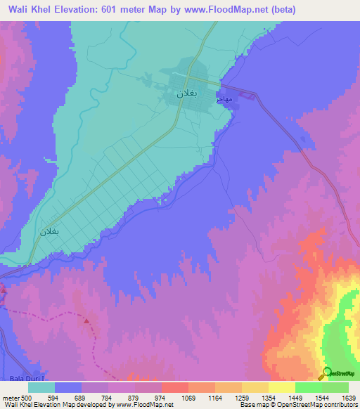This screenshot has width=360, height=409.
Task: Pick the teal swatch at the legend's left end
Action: (x=41, y=387)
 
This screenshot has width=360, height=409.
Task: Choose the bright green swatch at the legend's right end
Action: (x=335, y=387)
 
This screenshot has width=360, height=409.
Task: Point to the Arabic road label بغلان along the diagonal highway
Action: (x=49, y=231)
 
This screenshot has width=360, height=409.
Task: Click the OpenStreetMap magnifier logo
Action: (x=326, y=372)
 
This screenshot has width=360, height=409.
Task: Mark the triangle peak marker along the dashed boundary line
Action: (x=87, y=320)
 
